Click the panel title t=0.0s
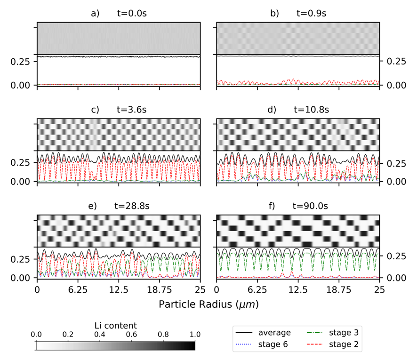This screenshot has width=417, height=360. click(133, 13)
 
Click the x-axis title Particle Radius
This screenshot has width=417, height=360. click(208, 304)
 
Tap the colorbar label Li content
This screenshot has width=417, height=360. click(115, 326)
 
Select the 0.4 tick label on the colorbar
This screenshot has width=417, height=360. click(99, 335)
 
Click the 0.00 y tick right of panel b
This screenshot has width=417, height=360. click(394, 85)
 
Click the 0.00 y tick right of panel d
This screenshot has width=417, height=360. click(394, 181)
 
